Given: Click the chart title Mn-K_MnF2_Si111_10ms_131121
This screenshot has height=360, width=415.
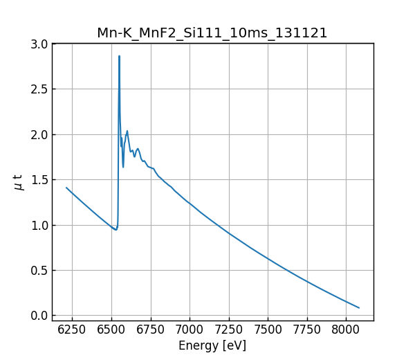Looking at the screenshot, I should coord(212,33).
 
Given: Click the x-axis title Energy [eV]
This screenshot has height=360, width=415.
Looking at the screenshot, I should coord(212,345).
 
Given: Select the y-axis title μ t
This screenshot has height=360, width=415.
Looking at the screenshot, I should coord(19,182).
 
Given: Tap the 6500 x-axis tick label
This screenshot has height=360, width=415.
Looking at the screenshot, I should coord(111,330).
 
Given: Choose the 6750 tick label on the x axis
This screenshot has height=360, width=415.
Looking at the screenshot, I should coord(150,330).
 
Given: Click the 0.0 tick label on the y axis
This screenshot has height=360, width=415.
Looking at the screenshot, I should coord(40,316).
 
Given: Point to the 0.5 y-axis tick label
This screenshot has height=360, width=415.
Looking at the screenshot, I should coord(40,271).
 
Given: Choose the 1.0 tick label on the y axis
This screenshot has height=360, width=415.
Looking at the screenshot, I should coord(40,225).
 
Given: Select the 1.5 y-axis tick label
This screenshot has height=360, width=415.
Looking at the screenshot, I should coord(40,180).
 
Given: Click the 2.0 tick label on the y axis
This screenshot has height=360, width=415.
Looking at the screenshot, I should coord(40,134).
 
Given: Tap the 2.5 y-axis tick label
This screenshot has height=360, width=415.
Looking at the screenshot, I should coord(40,89).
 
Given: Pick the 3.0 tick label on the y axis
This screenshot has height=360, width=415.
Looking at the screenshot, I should coord(40,44).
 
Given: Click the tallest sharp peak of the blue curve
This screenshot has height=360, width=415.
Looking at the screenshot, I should coord(119,57).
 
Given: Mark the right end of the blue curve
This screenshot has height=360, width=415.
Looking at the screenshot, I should coord(359,307).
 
